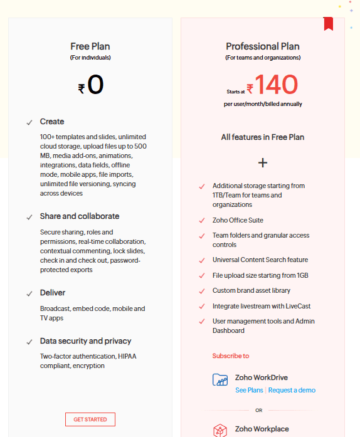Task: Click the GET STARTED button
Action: pos(90,419)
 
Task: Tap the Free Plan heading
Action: pos(90,46)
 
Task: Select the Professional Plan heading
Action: pos(263,46)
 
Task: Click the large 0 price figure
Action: pos(95,85)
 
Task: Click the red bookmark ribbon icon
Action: pos(328,24)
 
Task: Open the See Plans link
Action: pos(249,390)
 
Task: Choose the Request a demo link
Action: pos(292,390)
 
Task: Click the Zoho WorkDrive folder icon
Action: pos(220,379)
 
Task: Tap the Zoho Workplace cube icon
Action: pos(220,430)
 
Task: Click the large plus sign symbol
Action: pos(263,163)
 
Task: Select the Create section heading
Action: pos(52,122)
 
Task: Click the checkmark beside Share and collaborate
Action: pos(29,217)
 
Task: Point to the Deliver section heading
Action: pos(53,293)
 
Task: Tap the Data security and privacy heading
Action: pos(86,341)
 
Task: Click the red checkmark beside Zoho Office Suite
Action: pos(201,221)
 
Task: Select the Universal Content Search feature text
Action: pos(260,260)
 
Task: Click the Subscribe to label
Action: pos(230,355)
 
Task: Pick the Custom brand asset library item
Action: pos(251,291)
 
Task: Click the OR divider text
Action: pos(258,411)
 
